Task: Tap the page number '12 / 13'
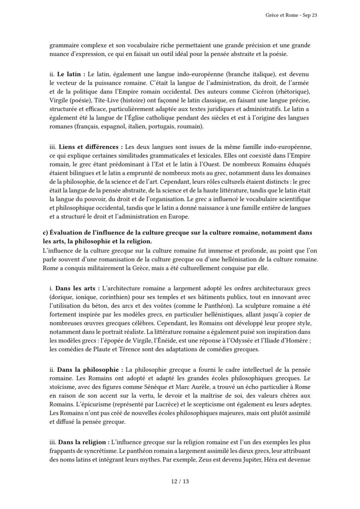coord(180,481)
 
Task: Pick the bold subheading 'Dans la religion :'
coord(82,441)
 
